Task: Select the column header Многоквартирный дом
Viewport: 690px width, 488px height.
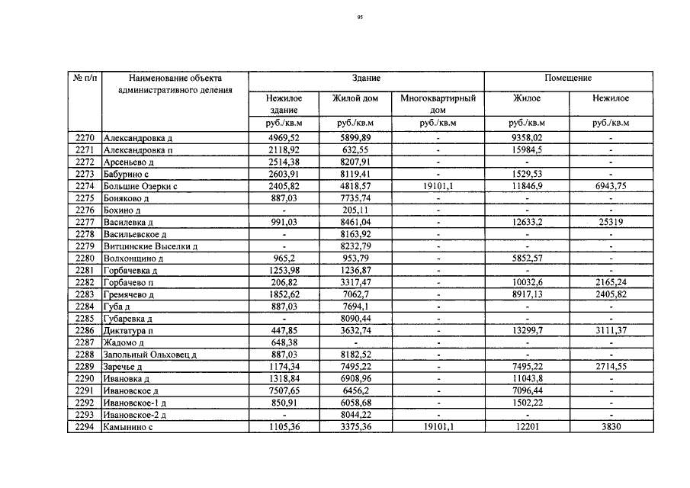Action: pyautogui.click(x=438, y=104)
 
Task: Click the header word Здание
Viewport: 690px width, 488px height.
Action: pyautogui.click(x=366, y=79)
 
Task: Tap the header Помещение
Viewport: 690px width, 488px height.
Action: pyautogui.click(x=568, y=79)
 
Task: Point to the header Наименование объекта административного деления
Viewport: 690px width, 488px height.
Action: pyautogui.click(x=175, y=84)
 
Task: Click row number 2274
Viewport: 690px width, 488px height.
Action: pyautogui.click(x=85, y=185)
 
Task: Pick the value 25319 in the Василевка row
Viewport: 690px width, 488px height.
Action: pyautogui.click(x=611, y=222)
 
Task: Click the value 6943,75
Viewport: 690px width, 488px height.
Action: pyautogui.click(x=611, y=185)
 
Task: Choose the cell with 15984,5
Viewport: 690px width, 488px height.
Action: pyautogui.click(x=526, y=149)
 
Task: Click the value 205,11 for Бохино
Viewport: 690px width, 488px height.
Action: pyautogui.click(x=355, y=210)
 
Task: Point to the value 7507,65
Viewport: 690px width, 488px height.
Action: pyautogui.click(x=284, y=390)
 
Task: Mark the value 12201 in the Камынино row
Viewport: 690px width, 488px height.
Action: pyautogui.click(x=526, y=427)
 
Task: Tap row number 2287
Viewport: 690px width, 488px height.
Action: pyautogui.click(x=85, y=343)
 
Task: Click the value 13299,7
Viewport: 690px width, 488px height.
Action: pyautogui.click(x=526, y=331)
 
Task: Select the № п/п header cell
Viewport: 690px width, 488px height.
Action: pyautogui.click(x=85, y=79)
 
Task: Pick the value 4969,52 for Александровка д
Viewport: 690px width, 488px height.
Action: pyautogui.click(x=284, y=137)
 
